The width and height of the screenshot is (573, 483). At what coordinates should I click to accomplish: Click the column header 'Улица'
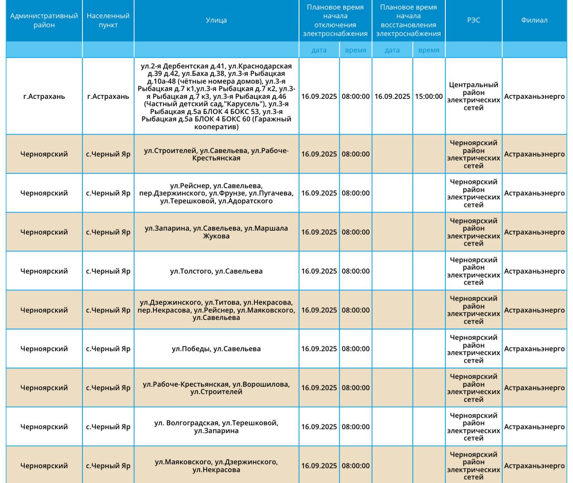pyautogui.click(x=216, y=20)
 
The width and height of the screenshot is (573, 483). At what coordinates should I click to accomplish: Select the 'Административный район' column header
pyautogui.click(x=44, y=20)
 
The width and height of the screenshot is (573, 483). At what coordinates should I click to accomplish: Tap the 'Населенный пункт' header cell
pyautogui.click(x=108, y=20)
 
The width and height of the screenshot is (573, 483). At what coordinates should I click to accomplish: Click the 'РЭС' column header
pyautogui.click(x=473, y=20)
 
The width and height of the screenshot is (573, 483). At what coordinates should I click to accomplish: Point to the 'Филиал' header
pyautogui.click(x=534, y=20)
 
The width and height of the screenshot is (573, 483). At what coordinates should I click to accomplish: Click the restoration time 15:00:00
pyautogui.click(x=428, y=96)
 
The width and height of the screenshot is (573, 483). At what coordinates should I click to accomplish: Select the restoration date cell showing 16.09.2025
pyautogui.click(x=392, y=96)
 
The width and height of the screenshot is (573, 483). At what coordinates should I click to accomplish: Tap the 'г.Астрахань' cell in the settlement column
pyautogui.click(x=108, y=96)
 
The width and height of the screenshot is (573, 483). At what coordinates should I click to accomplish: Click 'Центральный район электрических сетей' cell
pyautogui.click(x=473, y=96)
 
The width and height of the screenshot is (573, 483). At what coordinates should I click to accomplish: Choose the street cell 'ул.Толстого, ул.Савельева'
pyautogui.click(x=216, y=271)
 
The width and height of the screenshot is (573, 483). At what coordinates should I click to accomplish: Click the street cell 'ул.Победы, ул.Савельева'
pyautogui.click(x=216, y=349)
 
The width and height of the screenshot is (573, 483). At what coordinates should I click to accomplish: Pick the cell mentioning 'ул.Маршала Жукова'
pyautogui.click(x=216, y=232)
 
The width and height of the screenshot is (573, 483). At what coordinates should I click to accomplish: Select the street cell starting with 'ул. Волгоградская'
pyautogui.click(x=216, y=427)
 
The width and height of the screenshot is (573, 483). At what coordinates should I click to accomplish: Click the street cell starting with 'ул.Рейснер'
pyautogui.click(x=216, y=193)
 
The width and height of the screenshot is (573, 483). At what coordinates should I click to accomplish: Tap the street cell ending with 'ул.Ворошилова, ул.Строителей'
pyautogui.click(x=216, y=388)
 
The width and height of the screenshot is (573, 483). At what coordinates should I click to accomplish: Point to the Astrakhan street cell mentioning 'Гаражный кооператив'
pyautogui.click(x=216, y=96)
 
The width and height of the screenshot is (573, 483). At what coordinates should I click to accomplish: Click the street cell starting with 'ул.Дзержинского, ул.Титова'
pyautogui.click(x=216, y=310)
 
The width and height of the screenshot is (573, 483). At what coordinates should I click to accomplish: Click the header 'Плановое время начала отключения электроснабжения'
pyautogui.click(x=335, y=20)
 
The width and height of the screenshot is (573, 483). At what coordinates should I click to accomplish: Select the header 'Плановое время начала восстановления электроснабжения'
pyautogui.click(x=408, y=20)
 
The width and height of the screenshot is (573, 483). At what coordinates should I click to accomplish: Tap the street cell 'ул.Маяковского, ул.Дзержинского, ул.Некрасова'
pyautogui.click(x=216, y=466)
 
